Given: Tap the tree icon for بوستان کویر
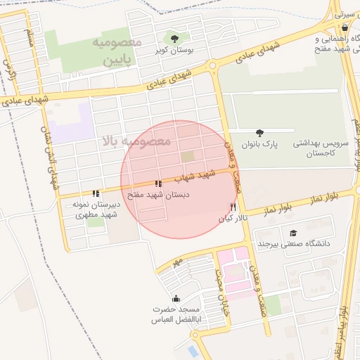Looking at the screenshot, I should (x=174, y=38).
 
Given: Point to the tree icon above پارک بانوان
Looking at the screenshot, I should (x=260, y=132).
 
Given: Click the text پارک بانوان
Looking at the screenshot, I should (x=260, y=144).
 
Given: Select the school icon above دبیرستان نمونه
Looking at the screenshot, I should (x=96, y=193).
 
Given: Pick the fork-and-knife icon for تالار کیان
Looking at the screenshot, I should (x=233, y=207).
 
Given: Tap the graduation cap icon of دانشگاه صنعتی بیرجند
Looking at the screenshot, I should (x=293, y=233).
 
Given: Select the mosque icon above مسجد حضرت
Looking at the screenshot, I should (x=175, y=297).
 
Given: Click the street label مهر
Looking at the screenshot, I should (x=179, y=262).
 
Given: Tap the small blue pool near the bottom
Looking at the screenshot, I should (x=193, y=350).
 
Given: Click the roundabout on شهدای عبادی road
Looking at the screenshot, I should (x=212, y=67).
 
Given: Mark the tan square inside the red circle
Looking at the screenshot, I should (x=187, y=156).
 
